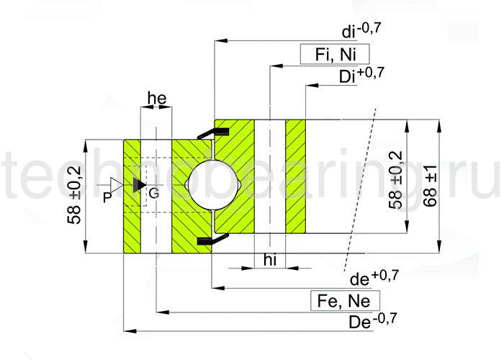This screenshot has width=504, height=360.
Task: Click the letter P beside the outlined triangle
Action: point(107,196)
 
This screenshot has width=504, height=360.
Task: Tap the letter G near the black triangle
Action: point(153,192)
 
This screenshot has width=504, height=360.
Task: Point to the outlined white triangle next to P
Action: point(114,185)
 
